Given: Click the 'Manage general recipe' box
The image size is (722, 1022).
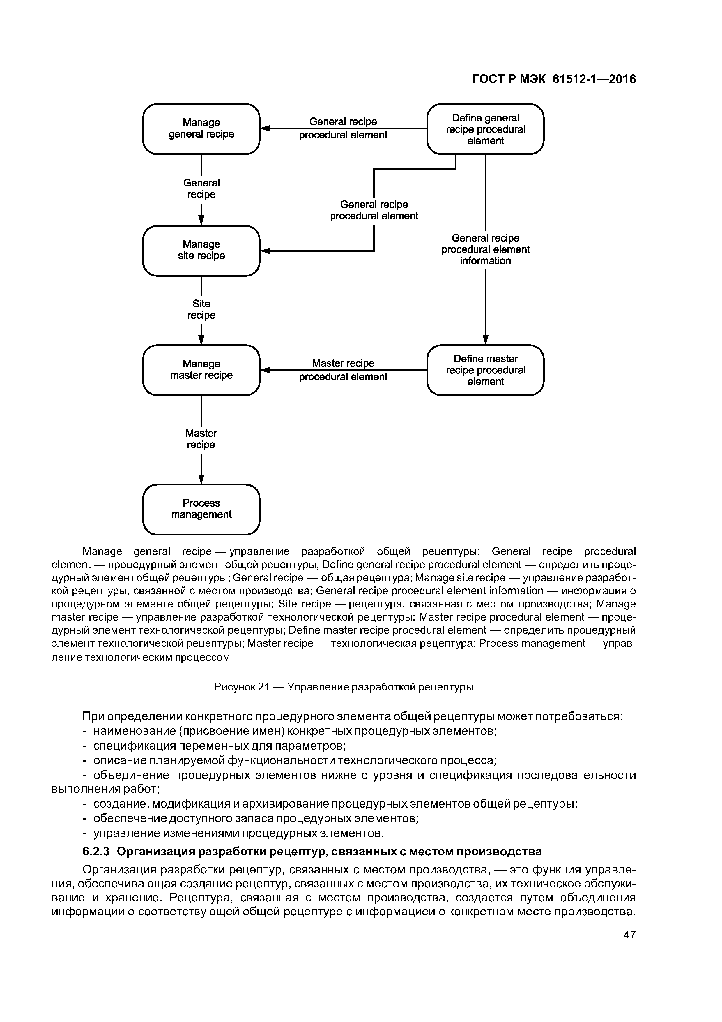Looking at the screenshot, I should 201,129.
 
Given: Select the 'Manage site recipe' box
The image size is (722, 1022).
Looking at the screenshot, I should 201,250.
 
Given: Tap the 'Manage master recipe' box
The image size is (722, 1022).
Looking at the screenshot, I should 201,370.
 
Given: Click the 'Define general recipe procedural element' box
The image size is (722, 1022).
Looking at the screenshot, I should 485,129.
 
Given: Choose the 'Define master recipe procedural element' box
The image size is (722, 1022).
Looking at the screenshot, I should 485,370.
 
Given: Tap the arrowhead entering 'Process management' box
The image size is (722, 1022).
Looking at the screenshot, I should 201,479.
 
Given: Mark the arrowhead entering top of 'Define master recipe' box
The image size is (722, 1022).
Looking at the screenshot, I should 485,340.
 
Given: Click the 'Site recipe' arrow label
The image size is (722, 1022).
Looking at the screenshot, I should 201,309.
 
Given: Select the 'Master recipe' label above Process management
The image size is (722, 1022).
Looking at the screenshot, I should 201,439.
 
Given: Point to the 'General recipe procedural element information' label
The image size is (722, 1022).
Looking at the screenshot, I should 485,249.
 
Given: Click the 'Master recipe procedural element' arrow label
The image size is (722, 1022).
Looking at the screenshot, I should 343,370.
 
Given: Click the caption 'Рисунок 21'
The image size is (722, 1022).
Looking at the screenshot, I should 242,687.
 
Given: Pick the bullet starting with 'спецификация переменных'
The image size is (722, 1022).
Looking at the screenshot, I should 219,746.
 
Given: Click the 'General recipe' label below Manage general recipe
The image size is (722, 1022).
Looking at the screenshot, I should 201,189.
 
